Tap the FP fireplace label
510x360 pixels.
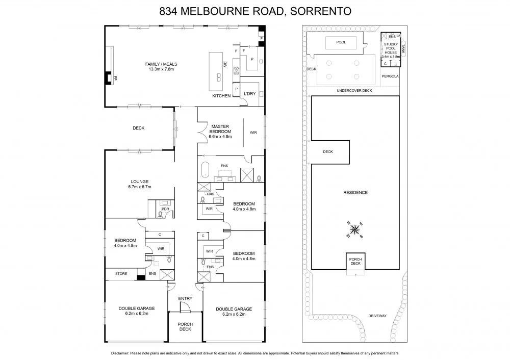116,78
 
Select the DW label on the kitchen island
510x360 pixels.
224,64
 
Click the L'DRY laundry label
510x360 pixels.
249,94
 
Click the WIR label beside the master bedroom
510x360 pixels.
253,132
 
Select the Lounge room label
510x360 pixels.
139,184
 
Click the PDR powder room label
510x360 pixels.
165,209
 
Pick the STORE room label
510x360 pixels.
121,274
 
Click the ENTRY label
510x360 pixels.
185,299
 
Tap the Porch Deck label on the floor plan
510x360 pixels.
185,326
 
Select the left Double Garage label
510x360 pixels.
137,311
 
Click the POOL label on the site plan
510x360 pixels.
341,42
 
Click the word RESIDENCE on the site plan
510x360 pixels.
356,192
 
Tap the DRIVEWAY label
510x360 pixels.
377,316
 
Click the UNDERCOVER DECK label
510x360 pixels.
354,90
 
